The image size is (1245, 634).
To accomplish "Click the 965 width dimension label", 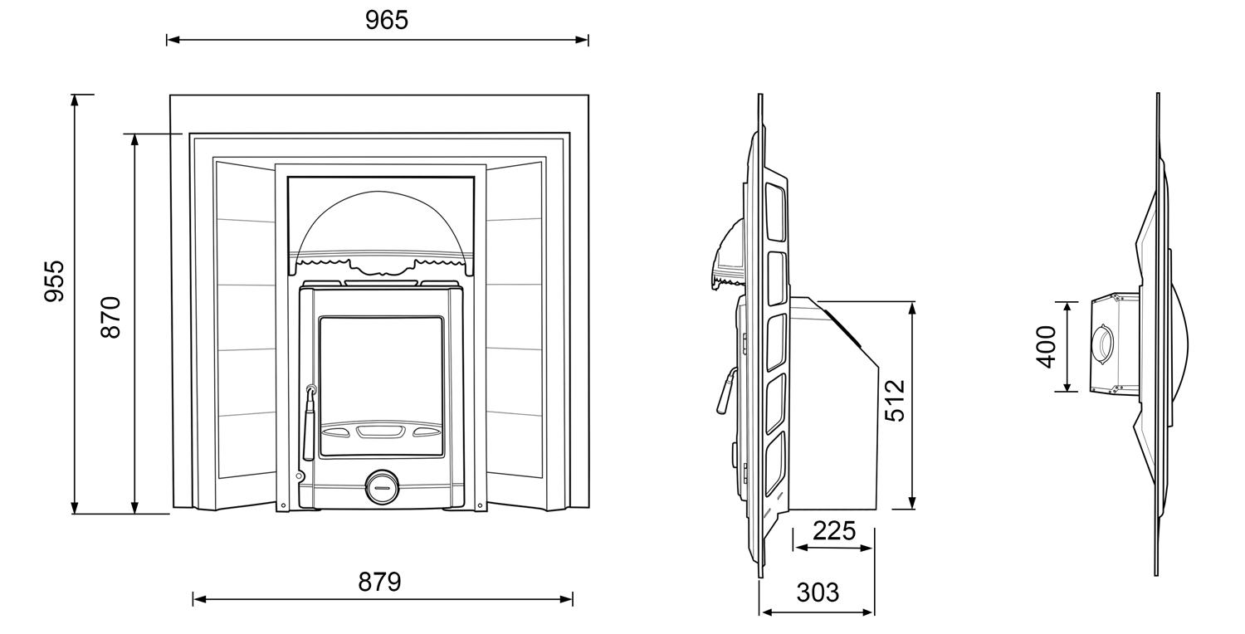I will pyautogui.click(x=387, y=20).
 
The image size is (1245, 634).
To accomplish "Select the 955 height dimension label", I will pyautogui.click(x=54, y=281).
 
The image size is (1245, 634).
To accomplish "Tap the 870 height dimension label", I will pyautogui.click(x=111, y=317).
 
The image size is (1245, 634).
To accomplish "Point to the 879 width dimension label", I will pyautogui.click(x=379, y=582).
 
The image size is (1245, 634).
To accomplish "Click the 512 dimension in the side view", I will pyautogui.click(x=895, y=401).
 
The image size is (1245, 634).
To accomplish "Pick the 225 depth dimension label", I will pyautogui.click(x=833, y=530).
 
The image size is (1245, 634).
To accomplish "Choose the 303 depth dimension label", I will pyautogui.click(x=818, y=593).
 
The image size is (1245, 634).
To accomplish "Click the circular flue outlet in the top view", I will pyautogui.click(x=1104, y=344).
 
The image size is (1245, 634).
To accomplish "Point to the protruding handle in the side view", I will pyautogui.click(x=725, y=391).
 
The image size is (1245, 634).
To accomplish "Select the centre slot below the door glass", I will pyautogui.click(x=380, y=431).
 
